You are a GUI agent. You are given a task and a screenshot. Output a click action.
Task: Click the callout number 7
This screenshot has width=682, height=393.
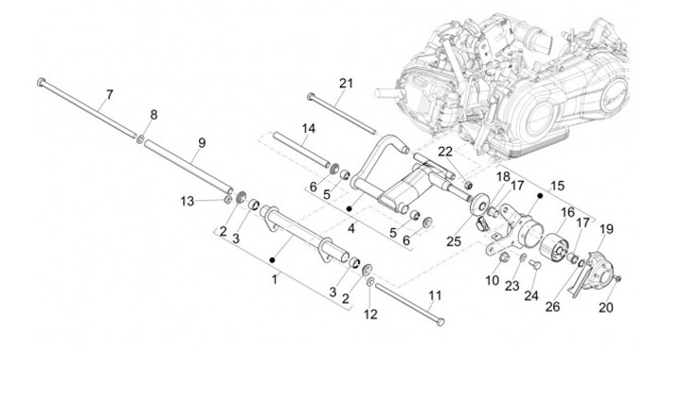point(110,95)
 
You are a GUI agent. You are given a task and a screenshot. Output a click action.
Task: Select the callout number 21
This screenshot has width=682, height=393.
point(347,83)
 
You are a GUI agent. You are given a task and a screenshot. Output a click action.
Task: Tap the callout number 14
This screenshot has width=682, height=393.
point(309,129)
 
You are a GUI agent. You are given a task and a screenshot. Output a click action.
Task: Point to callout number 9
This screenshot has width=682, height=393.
point(202,143)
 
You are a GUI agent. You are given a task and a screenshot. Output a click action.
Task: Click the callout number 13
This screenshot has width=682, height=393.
point(188,202)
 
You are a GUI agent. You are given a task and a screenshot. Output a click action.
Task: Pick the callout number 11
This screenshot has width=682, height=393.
point(435,295)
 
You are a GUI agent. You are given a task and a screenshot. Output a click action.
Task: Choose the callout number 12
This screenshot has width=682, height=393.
point(370,314)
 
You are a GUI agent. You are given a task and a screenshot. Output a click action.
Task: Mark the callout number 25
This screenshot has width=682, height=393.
point(454,241)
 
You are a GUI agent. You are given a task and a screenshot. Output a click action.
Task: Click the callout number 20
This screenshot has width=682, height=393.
point(606,308)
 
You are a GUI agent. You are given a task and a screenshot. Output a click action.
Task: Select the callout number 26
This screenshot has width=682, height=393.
point(553,307)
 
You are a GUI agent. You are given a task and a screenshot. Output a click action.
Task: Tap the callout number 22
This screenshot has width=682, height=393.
point(445,152)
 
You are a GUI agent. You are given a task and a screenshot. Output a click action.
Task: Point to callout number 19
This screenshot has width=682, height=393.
point(607,229)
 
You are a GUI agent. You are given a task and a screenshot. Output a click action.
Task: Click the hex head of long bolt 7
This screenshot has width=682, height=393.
point(42,81)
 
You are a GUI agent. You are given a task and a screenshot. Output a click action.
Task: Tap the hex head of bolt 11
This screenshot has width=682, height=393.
point(440,322)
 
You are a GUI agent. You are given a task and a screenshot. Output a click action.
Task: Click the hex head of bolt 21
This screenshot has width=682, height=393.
point(310,96)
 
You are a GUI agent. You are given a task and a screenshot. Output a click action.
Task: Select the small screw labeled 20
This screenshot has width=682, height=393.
point(618,278)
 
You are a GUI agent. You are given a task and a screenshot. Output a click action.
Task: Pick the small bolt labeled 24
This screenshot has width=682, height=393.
point(535,263)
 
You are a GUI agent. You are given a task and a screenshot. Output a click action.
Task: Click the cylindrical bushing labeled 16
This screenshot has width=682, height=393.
point(552,247)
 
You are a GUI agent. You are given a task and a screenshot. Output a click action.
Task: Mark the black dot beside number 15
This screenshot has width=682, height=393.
point(540,196)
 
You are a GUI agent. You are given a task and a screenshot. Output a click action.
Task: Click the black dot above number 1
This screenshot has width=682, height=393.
point(272,260)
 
